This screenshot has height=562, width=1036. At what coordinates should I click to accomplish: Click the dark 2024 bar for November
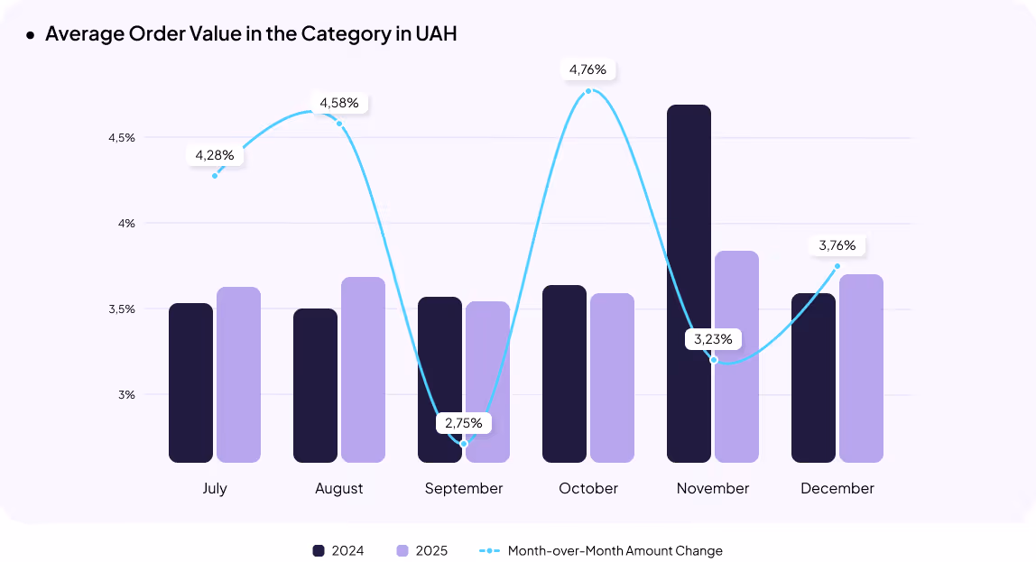[x=689, y=284]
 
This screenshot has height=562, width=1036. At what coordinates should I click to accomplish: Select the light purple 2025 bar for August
[x=363, y=370]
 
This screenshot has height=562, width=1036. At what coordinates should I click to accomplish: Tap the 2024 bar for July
[x=190, y=382]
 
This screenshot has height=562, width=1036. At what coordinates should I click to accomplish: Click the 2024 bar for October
[x=564, y=373]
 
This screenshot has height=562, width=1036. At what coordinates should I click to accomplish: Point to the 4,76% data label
[x=587, y=69]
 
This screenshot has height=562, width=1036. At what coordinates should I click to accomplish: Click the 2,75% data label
[x=464, y=422]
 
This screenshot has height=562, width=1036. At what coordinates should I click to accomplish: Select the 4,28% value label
[x=215, y=155]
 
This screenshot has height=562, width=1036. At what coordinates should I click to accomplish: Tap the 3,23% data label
[x=714, y=340]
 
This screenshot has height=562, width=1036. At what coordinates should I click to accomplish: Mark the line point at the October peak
[x=588, y=91]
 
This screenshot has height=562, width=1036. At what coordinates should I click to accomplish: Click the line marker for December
[x=837, y=266]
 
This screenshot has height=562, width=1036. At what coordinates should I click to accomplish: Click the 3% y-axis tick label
[x=125, y=395]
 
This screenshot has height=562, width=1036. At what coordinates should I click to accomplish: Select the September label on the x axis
[x=464, y=489]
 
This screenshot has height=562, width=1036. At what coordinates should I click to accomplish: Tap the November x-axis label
[x=713, y=489]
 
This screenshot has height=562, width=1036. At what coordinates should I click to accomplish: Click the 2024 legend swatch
[x=319, y=550]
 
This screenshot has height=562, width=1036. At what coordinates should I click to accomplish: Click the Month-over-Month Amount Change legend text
[x=615, y=550]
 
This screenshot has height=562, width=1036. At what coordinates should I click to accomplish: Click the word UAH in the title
[x=436, y=34]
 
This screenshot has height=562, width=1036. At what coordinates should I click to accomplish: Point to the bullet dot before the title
[x=30, y=35]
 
